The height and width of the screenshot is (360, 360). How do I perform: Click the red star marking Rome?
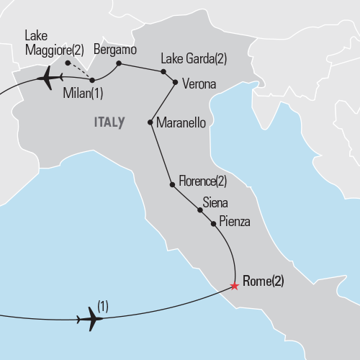click(x=235, y=286)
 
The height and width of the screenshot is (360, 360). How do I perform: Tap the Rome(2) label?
click(x=264, y=282)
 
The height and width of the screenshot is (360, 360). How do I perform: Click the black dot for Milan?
click(x=92, y=80)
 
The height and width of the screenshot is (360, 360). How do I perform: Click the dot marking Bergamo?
click(x=119, y=64)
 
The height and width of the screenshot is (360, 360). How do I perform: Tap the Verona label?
click(x=199, y=84)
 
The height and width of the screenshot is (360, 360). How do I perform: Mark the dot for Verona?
click(x=175, y=82)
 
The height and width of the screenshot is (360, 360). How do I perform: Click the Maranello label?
click(x=181, y=123)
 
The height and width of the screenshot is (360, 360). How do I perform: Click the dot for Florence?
click(x=171, y=185)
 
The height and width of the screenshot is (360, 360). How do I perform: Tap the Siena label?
click(x=217, y=202)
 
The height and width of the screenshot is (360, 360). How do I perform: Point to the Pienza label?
click(x=234, y=222)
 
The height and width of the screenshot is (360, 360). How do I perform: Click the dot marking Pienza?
click(x=213, y=224)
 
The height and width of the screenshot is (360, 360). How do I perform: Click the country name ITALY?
click(x=108, y=122)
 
